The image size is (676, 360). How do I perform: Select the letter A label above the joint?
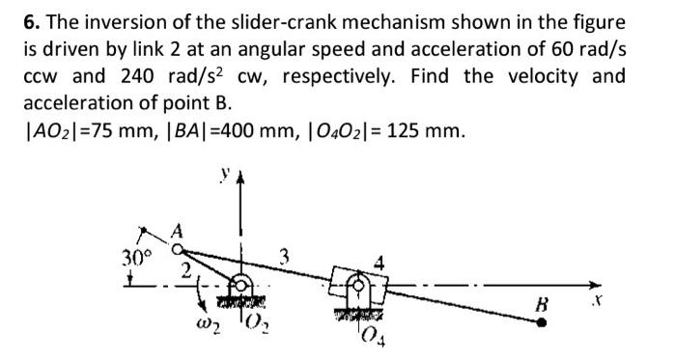tap(176, 230)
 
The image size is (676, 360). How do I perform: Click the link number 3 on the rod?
tap(284, 257)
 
